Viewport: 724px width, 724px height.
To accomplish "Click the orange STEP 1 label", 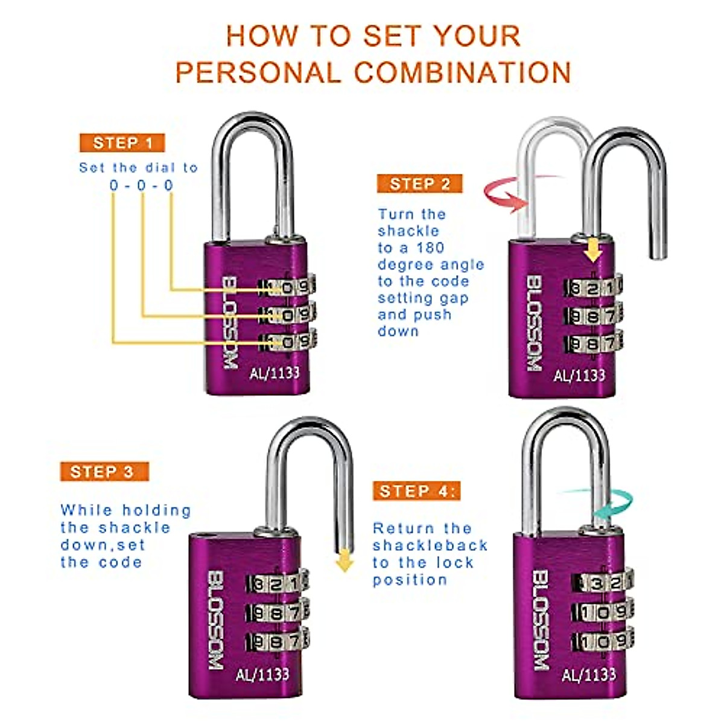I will coord(122,143).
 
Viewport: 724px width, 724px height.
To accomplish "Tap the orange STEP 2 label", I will coord(420,184).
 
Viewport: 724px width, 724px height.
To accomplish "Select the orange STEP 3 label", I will coord(104,471).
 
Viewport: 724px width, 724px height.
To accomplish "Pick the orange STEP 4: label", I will coord(416,491).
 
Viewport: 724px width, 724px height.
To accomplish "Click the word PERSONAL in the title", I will coord(258,72).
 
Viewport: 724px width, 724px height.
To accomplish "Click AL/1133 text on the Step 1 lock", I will coord(275,372).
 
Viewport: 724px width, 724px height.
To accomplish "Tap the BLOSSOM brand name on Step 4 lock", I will coord(541,621).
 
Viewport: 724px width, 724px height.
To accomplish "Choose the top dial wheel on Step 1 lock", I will coord(287,287).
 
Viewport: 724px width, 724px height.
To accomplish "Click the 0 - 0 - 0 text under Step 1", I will coord(142,185).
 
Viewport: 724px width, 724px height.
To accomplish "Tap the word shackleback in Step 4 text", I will coord(430,545).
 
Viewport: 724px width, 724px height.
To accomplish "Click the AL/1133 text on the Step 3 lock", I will coord(262,673).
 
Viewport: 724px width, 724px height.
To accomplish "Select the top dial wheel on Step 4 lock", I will coord(603,583).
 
